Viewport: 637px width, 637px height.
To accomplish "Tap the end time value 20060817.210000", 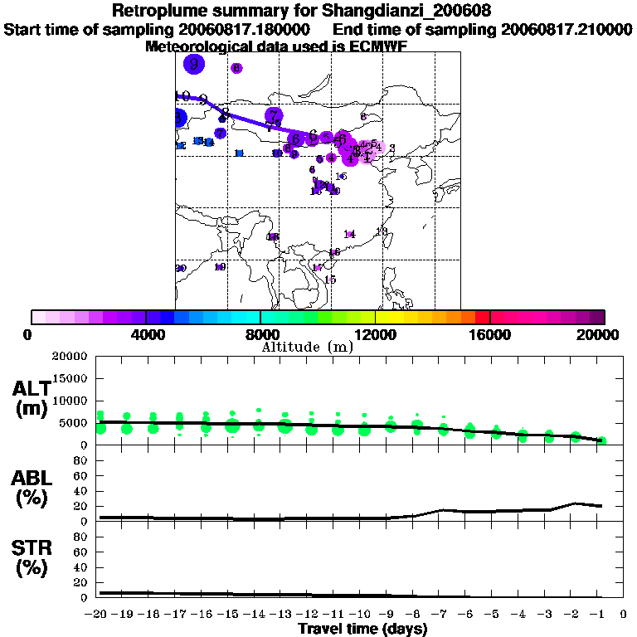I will tap(566, 29).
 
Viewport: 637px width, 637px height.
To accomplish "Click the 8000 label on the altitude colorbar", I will tap(260, 335).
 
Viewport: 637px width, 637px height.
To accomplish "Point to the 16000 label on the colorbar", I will tap(490, 335).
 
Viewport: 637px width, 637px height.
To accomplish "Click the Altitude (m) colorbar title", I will tap(307, 347).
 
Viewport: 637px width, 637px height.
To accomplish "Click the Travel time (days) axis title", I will tap(362, 629).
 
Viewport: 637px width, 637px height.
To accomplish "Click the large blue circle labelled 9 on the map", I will tap(194, 63).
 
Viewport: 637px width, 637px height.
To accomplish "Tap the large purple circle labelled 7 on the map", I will tap(274, 116).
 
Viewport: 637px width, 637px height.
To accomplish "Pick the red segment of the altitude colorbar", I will tap(483, 317).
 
